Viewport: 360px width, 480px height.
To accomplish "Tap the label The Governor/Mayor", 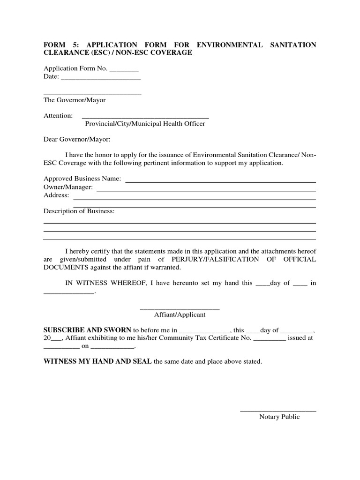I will pyautogui.click(x=75, y=100).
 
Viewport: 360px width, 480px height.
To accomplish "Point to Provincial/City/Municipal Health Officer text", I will pyautogui.click(x=145, y=124).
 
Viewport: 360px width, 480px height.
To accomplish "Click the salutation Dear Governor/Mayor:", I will pyautogui.click(x=77, y=139).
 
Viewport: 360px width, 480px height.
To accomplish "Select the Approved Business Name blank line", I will pyautogui.click(x=220, y=181).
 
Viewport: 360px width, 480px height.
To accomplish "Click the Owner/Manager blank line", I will pyautogui.click(x=206, y=190).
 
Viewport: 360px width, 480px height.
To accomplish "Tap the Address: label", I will pyautogui.click(x=56, y=195).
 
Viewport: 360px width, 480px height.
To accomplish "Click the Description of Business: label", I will pyautogui.click(x=79, y=211).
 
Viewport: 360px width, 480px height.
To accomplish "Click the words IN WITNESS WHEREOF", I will pyautogui.click(x=105, y=283).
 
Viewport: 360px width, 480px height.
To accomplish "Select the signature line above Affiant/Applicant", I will pyautogui.click(x=180, y=308).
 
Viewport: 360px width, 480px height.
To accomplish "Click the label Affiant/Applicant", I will pyautogui.click(x=180, y=315).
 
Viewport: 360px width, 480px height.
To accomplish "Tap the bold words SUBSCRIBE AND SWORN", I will pyautogui.click(x=88, y=330).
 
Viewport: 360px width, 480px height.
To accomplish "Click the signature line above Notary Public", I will pyautogui.click(x=278, y=411).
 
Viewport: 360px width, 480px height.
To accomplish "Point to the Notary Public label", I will pyautogui.click(x=279, y=417).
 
